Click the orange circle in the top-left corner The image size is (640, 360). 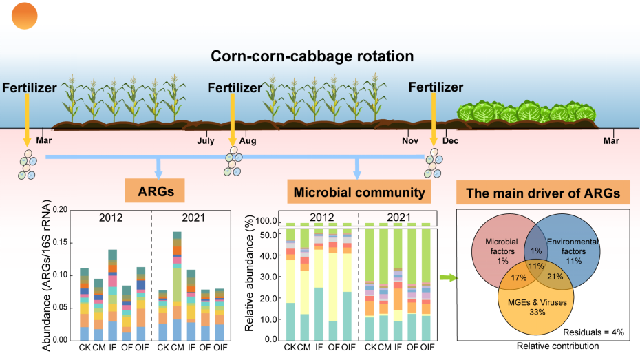pyautogui.click(x=25, y=15)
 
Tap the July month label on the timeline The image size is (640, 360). pyautogui.click(x=206, y=140)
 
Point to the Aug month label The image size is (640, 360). pyautogui.click(x=248, y=140)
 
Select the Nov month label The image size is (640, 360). pyautogui.click(x=410, y=140)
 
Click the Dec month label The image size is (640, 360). pyautogui.click(x=451, y=140)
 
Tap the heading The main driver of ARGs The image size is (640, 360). pyautogui.click(x=543, y=193)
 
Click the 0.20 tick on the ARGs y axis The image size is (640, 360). pyautogui.click(x=60, y=209)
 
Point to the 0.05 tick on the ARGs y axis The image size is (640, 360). pyautogui.click(x=60, y=308)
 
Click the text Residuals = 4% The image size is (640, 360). pyautogui.click(x=597, y=332)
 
